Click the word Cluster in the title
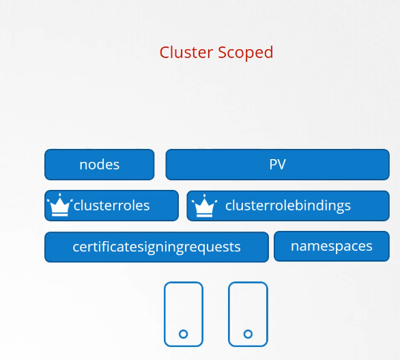(186, 53)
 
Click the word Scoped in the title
(246, 53)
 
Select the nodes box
(100, 165)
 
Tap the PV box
(278, 165)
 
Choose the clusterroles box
(111, 206)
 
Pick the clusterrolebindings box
(288, 206)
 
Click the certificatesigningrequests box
(156, 247)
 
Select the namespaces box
(332, 246)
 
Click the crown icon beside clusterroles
(60, 205)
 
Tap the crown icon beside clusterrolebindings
(204, 206)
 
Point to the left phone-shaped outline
(165, 314)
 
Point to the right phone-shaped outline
(229, 314)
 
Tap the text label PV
(278, 165)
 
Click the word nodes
(100, 165)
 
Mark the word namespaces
(332, 247)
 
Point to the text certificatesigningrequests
(156, 247)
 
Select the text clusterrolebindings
(288, 206)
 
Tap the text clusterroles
(111, 206)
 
